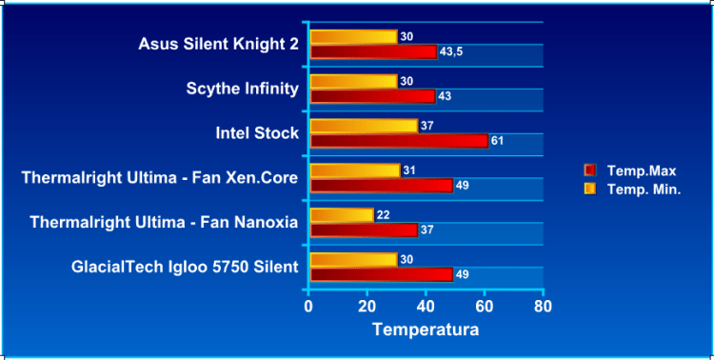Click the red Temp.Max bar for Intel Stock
[x=399, y=141]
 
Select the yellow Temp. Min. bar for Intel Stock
[x=364, y=126]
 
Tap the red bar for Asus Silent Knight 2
[x=373, y=51]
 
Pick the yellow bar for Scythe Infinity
[x=353, y=81]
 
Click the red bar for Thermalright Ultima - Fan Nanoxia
[x=364, y=230]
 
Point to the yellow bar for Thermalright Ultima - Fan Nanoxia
[x=342, y=215]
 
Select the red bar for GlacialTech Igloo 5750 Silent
[x=381, y=274]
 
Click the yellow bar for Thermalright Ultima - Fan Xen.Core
[x=355, y=170]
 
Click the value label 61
[x=497, y=141]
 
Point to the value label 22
[x=383, y=215]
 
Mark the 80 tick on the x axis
[x=543, y=307]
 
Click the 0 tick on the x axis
[x=308, y=307]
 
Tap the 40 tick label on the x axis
[x=426, y=307]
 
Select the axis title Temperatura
[x=425, y=330]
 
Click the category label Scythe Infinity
[x=243, y=89]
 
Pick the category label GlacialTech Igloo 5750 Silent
[x=185, y=267]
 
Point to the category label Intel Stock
[x=257, y=132]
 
